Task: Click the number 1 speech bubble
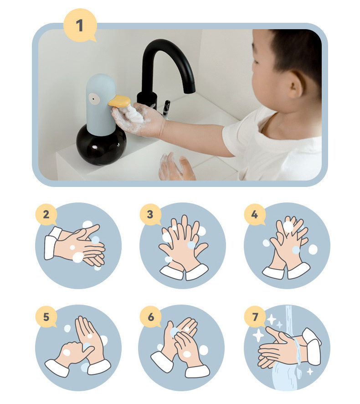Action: coord(80,25)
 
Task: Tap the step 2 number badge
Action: coord(46,215)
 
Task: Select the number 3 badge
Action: coord(150,215)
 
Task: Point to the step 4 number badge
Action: coord(255,215)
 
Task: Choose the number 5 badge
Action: coord(46,317)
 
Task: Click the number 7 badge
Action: coord(255,317)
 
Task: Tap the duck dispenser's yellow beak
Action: coord(119,101)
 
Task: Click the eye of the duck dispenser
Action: coord(93,98)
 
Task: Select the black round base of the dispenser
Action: coord(101,145)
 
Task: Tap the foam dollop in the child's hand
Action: coord(134,114)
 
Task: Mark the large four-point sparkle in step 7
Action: coord(258,336)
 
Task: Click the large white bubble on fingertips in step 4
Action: coord(288,227)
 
